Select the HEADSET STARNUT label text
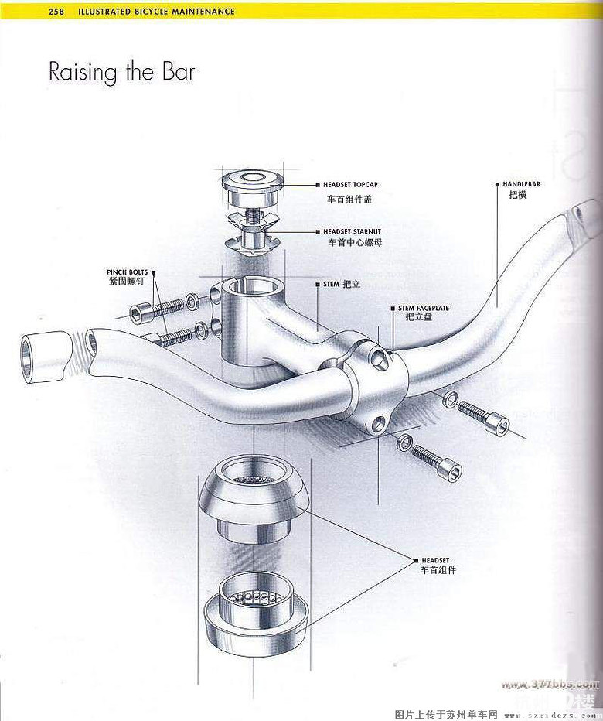[352, 231]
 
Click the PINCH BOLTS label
[128, 272]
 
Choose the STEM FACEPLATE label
[423, 308]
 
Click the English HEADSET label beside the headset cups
[435, 559]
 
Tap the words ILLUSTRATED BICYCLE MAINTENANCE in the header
[155, 12]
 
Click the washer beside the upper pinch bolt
[192, 301]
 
